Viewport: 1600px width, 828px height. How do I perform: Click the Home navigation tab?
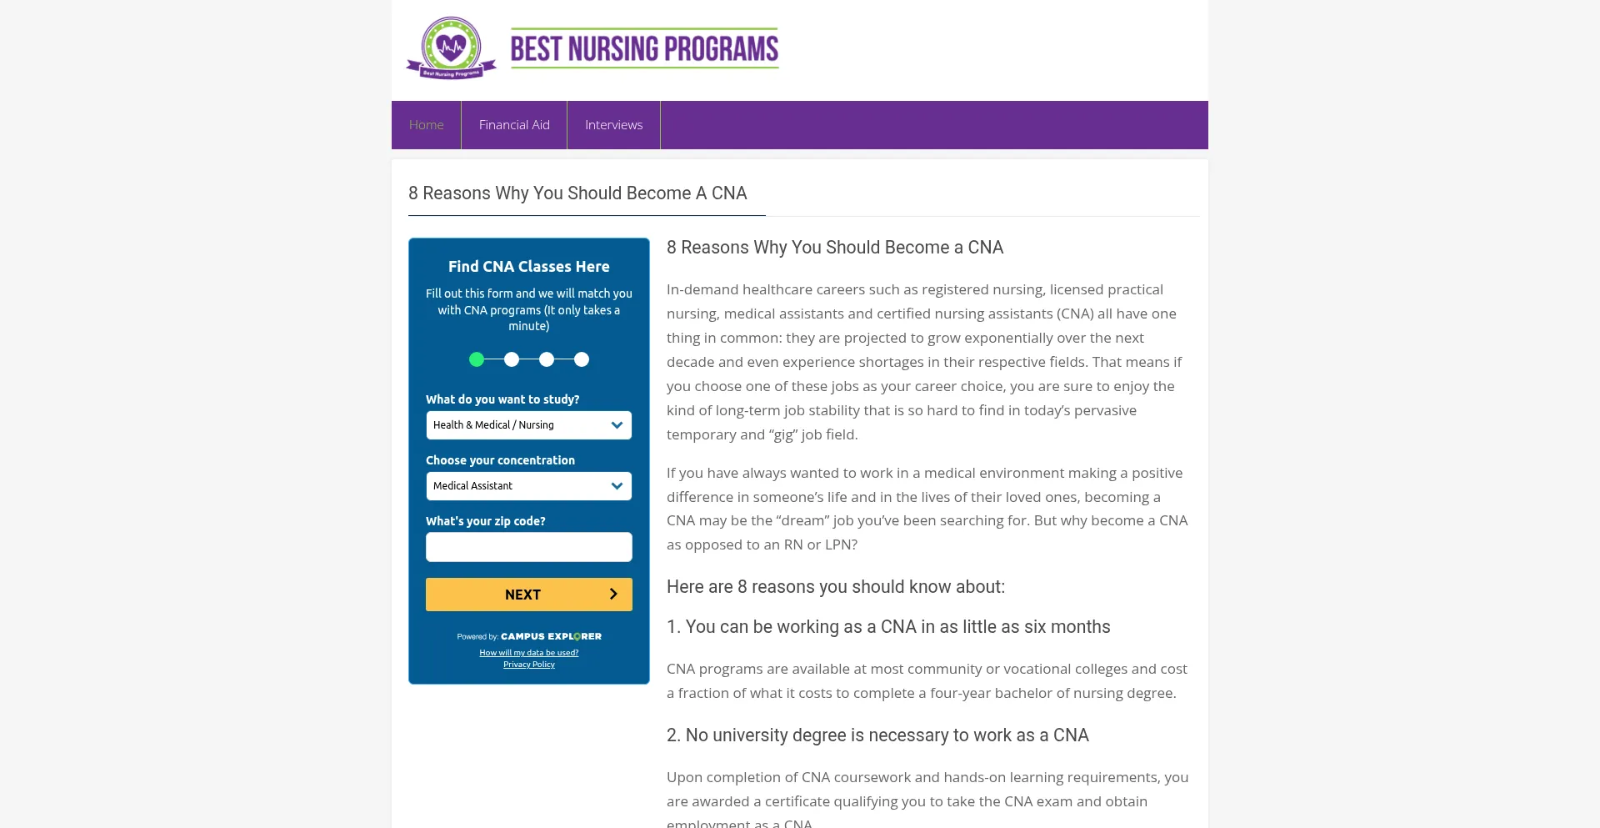(x=426, y=125)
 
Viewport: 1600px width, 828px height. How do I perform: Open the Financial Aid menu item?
(x=514, y=125)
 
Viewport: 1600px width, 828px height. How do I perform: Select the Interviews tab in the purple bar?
(x=613, y=125)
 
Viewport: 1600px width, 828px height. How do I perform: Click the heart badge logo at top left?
(x=452, y=48)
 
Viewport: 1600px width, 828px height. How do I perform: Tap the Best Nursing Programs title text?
(x=644, y=48)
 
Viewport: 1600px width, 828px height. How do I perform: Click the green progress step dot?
(x=477, y=359)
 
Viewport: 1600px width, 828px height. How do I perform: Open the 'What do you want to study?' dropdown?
(x=528, y=425)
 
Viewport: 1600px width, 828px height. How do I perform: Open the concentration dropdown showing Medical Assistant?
(x=528, y=486)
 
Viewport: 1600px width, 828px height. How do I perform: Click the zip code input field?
(x=528, y=547)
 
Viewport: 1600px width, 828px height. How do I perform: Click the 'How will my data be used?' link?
(x=528, y=653)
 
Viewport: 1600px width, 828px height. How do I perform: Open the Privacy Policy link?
(x=528, y=665)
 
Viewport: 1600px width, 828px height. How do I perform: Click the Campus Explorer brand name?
(x=551, y=636)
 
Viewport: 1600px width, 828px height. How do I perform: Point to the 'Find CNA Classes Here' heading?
(x=528, y=267)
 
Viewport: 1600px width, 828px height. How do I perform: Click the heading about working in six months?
(x=888, y=627)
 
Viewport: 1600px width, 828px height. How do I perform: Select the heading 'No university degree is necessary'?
(x=877, y=735)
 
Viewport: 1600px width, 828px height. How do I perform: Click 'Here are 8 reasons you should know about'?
(x=836, y=587)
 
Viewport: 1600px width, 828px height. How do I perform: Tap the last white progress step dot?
(x=582, y=359)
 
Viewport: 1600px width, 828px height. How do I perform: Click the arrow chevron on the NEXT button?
(x=613, y=595)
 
